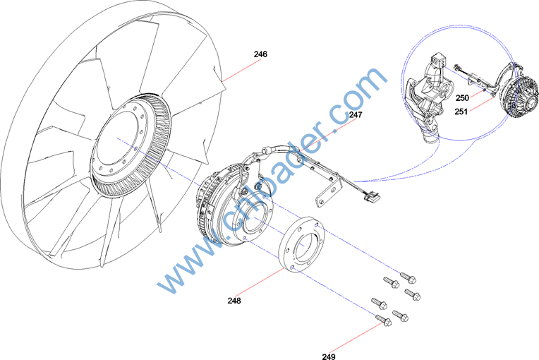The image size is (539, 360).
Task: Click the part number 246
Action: (260, 54)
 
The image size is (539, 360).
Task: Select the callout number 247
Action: (356, 115)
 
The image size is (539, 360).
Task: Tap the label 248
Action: (234, 301)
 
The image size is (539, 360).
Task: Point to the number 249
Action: (329, 356)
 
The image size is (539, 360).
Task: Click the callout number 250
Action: (462, 98)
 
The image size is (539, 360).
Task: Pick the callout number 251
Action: (461, 112)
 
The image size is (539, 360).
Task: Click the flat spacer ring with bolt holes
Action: (301, 244)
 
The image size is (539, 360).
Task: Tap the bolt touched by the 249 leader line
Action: (383, 320)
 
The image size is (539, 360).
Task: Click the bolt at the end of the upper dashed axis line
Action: (408, 277)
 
